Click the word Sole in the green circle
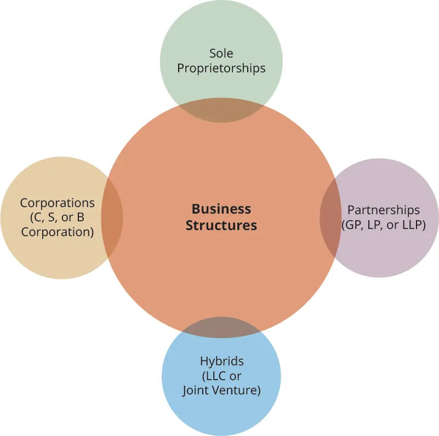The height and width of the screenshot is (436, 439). coord(221,54)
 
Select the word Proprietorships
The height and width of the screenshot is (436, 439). coord(221,68)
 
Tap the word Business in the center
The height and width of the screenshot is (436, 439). coord(221,209)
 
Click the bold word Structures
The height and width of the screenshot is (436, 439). coord(221,225)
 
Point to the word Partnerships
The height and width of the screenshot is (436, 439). coord(384,210)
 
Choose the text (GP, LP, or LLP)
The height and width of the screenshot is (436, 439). coord(383,225)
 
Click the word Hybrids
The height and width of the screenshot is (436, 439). coord(221,362)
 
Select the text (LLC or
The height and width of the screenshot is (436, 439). coord(221,376)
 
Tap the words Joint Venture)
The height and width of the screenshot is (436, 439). coord(221,391)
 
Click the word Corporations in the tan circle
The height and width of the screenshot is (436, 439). coord(57,203)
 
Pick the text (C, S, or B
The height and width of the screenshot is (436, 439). coord(57,217)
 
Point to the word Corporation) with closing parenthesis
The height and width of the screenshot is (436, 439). coord(57,232)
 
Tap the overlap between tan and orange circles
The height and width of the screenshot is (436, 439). coord(112,217)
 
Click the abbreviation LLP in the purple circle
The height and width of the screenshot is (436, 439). coord(412,225)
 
